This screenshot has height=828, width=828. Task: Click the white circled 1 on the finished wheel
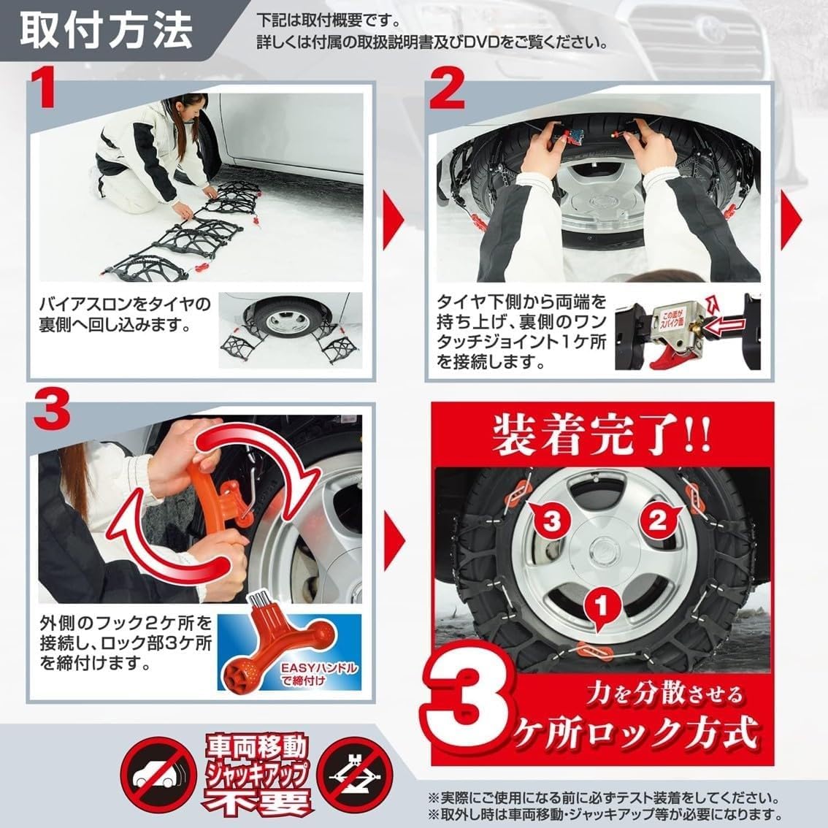[599, 605]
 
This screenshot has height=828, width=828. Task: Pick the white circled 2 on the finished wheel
[657, 521]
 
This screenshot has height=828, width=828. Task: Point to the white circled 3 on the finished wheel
[552, 521]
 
